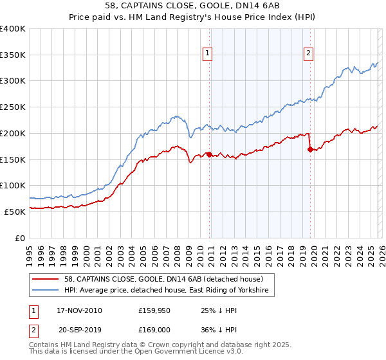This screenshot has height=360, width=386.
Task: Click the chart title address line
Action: coord(192,6)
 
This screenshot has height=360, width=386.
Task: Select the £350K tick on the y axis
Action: coord(13,55)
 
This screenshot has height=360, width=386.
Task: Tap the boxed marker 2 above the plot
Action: coord(309,54)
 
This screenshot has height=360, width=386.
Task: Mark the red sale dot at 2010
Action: coord(210,154)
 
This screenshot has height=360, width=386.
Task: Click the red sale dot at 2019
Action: coord(310,149)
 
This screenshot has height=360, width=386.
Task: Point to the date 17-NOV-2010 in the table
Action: coord(78,310)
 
